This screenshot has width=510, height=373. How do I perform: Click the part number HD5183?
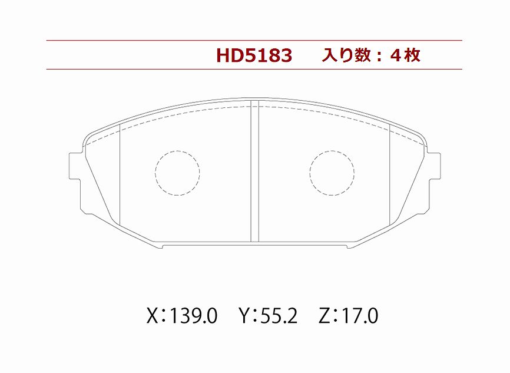[254, 55]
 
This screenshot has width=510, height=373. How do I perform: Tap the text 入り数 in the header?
[346, 55]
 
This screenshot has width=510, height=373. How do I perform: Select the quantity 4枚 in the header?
[406, 55]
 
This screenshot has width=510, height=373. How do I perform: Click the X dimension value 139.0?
[194, 316]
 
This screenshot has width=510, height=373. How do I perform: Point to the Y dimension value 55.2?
[279, 316]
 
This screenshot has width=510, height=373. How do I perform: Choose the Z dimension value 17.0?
[360, 316]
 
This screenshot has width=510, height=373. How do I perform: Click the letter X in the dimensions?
[153, 316]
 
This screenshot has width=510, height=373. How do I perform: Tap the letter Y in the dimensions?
[245, 316]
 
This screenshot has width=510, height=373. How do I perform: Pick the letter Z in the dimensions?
[324, 316]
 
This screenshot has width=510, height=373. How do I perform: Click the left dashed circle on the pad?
[177, 151]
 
